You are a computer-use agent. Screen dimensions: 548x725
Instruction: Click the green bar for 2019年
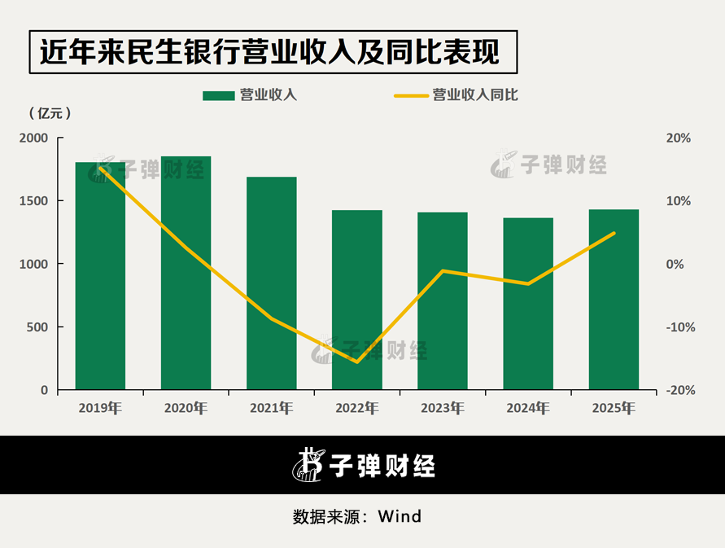click(100, 277)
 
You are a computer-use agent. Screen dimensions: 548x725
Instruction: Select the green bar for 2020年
click(186, 274)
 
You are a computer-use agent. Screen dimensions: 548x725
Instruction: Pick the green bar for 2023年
click(443, 301)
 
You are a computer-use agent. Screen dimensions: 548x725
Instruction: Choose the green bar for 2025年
click(614, 300)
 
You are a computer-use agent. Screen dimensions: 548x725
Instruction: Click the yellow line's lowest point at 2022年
click(357, 362)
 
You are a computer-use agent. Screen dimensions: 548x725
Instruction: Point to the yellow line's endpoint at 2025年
click(614, 233)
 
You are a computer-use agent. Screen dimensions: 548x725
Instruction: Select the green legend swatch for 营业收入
click(217, 95)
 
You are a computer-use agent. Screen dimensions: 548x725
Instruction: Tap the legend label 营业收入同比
click(475, 95)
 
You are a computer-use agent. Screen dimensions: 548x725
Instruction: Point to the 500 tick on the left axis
click(37, 327)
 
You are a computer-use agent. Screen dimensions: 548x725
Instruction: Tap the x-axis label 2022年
click(357, 408)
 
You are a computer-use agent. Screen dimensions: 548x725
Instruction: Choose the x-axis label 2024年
click(528, 408)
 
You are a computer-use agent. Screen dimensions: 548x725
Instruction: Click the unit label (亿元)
click(50, 113)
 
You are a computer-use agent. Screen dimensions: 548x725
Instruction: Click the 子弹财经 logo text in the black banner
click(382, 466)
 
